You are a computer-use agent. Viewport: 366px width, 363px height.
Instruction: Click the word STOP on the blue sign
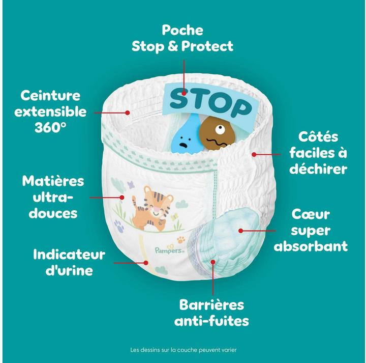(210, 103)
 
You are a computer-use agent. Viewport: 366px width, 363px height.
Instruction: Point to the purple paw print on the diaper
(119, 226)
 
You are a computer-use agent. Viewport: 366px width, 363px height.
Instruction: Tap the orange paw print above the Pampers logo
(181, 239)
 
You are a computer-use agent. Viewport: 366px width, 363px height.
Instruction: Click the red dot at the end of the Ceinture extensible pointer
(128, 113)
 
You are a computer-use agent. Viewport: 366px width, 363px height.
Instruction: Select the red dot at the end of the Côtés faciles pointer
(254, 154)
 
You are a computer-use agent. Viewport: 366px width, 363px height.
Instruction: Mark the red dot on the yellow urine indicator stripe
(146, 263)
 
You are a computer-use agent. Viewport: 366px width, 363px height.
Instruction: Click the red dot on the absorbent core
(241, 231)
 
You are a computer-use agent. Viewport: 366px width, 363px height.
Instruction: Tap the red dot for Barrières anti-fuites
(213, 262)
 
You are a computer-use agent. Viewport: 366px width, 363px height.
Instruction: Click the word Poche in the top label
(182, 30)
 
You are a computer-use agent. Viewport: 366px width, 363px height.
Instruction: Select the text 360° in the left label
(50, 127)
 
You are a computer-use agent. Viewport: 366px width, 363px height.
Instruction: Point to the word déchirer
(318, 169)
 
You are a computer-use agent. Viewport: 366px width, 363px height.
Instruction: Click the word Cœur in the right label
(311, 214)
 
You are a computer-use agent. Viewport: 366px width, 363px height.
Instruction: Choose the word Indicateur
(69, 255)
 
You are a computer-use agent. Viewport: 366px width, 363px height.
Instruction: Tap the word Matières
(53, 181)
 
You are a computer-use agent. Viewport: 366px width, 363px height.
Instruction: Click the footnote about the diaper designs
(184, 350)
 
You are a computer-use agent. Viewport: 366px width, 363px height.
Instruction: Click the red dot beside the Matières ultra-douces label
(122, 198)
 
